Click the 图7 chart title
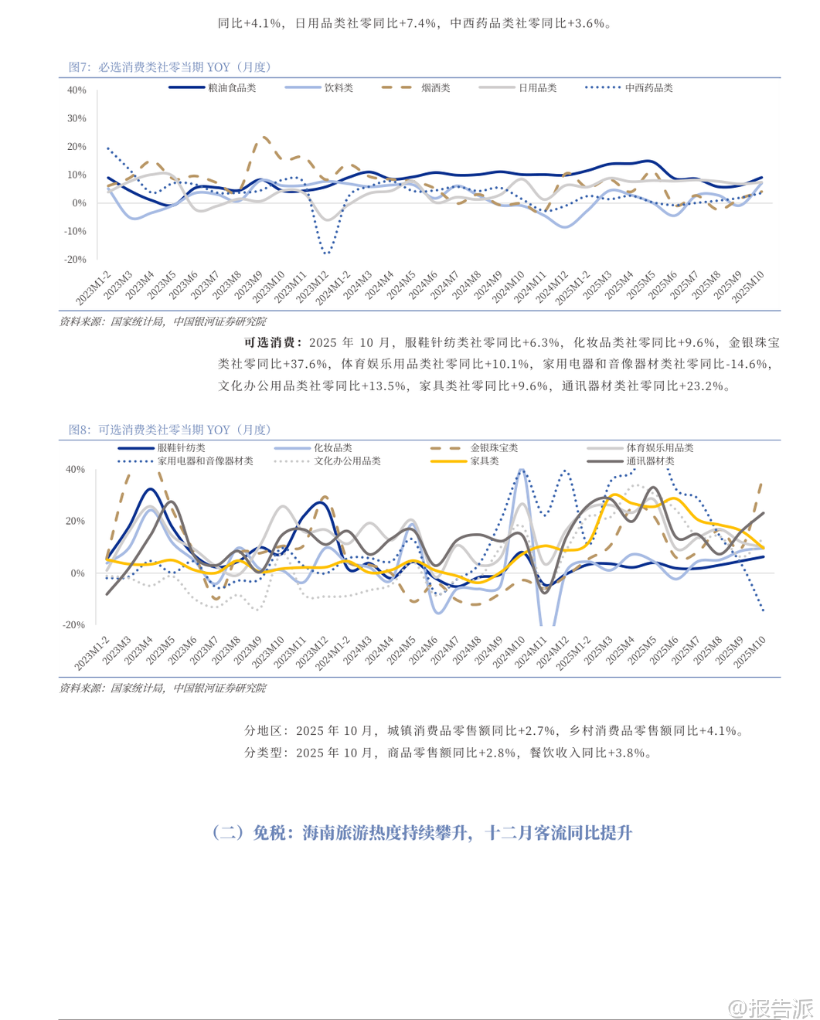click(x=169, y=67)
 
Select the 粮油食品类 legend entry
click(x=232, y=88)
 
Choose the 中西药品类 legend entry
click(x=648, y=88)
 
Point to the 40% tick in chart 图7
click(x=77, y=90)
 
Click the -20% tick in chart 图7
click(x=75, y=260)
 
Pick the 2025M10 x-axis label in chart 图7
click(x=748, y=287)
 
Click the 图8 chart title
click(x=169, y=430)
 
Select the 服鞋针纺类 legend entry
click(x=181, y=448)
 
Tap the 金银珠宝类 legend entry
click(x=494, y=448)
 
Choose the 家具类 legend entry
click(x=485, y=461)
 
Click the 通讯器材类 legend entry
click(x=650, y=461)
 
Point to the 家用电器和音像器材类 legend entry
click(x=205, y=461)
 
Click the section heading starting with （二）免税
click(x=422, y=833)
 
